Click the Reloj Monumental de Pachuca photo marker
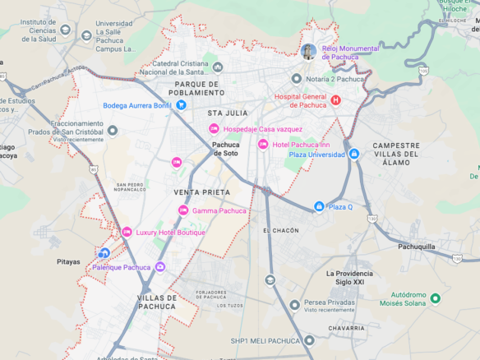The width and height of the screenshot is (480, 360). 309,52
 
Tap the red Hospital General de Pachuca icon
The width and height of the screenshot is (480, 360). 335,100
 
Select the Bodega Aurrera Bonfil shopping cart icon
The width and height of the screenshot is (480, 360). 181,105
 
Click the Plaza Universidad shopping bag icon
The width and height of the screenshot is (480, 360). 353,154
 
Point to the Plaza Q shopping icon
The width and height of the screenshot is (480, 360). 319,206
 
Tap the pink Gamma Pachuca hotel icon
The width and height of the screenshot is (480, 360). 183,210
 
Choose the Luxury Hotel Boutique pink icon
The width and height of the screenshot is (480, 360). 127,233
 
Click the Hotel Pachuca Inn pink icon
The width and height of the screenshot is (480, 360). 263,144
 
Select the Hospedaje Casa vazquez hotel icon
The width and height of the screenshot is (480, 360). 214,129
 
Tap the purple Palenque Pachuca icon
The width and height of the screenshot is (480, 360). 160,266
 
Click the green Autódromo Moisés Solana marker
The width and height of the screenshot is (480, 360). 436,298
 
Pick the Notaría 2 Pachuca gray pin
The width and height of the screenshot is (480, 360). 297,78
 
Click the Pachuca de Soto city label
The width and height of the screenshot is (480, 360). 226,149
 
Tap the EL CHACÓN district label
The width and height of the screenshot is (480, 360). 281,231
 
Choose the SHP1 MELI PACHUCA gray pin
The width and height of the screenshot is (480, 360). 309,340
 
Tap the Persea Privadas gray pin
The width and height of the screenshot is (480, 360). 295,306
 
